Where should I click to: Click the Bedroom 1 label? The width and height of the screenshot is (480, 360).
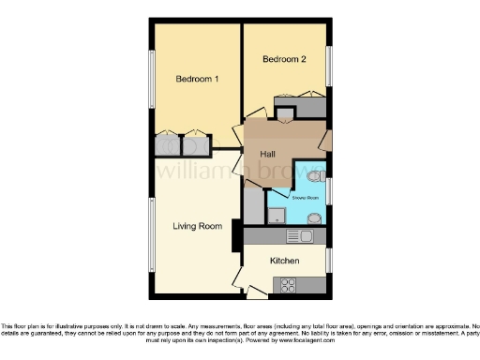tap(197, 79)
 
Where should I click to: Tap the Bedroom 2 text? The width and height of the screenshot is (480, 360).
tap(283, 59)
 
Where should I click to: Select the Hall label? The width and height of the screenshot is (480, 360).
tap(267, 153)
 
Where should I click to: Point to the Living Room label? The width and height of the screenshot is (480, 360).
tap(197, 226)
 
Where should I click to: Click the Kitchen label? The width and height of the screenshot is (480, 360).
tap(285, 261)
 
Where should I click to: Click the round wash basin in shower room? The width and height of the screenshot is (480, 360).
tap(314, 218)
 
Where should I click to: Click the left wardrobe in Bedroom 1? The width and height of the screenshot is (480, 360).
tap(169, 145)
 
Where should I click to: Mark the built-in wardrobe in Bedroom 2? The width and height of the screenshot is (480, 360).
tap(299, 103)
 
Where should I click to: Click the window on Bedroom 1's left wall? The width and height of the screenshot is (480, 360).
tap(152, 89)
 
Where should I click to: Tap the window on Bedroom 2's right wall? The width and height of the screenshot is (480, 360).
tap(329, 66)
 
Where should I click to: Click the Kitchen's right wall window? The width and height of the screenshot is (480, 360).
tap(329, 260)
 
